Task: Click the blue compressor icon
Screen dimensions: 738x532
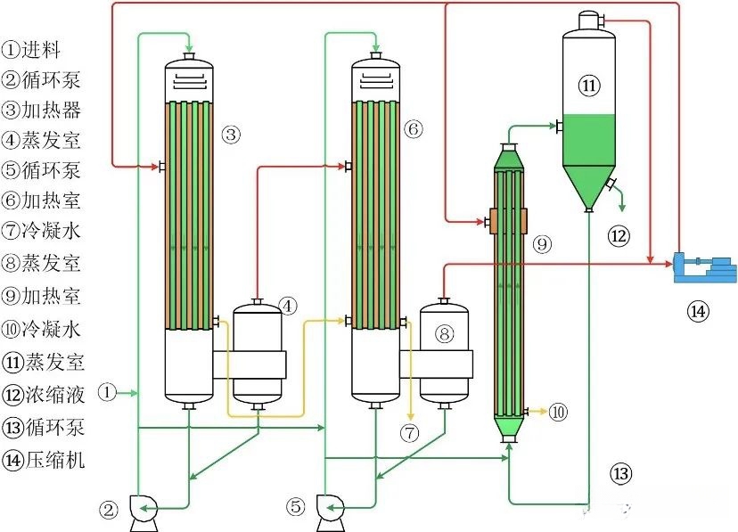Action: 705,268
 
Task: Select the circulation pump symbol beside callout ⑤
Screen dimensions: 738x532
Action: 331,512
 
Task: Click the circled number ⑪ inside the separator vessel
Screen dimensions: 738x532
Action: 589,86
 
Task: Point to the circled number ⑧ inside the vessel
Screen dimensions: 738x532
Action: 444,333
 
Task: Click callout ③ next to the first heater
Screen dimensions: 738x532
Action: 231,135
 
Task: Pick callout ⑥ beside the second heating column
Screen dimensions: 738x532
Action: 414,129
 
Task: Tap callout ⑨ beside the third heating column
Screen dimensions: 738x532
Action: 542,243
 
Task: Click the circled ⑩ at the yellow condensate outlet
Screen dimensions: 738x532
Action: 558,412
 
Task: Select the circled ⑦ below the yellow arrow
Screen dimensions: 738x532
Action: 409,432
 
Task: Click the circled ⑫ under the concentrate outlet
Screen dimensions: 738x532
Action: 619,235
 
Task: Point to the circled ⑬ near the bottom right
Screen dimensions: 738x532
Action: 621,472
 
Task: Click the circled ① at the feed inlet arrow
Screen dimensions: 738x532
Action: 107,392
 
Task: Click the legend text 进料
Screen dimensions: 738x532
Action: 40,49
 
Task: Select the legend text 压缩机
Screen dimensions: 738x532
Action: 55,460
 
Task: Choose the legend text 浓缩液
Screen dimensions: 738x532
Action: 55,395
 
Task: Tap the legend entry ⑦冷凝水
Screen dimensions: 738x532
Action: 41,231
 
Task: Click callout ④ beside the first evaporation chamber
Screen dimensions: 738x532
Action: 288,307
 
